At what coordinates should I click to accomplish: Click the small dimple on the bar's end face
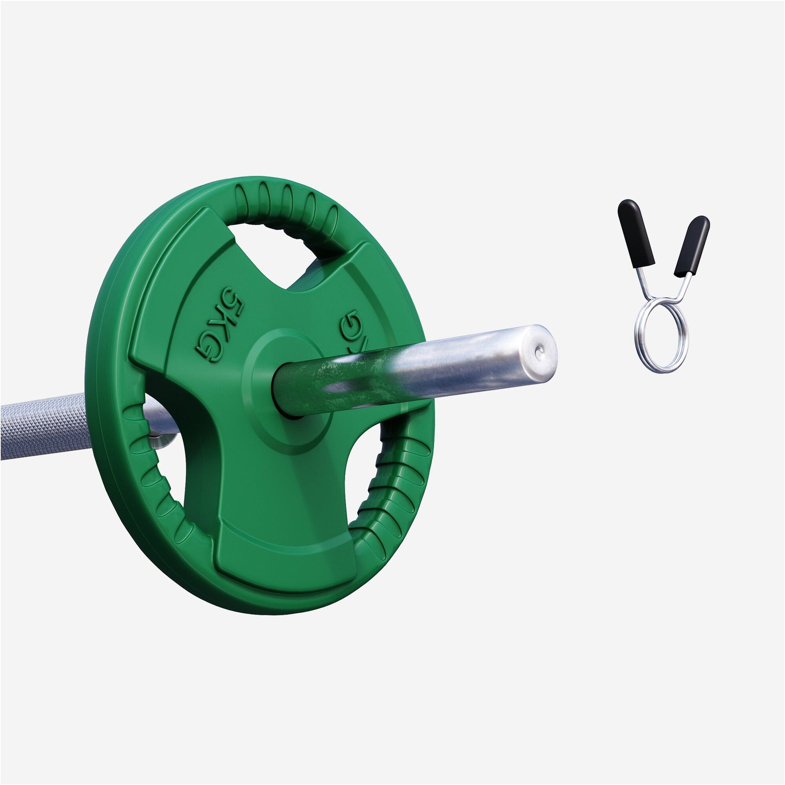coord(538,353)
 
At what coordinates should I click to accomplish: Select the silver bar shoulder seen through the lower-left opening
coord(163,431)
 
